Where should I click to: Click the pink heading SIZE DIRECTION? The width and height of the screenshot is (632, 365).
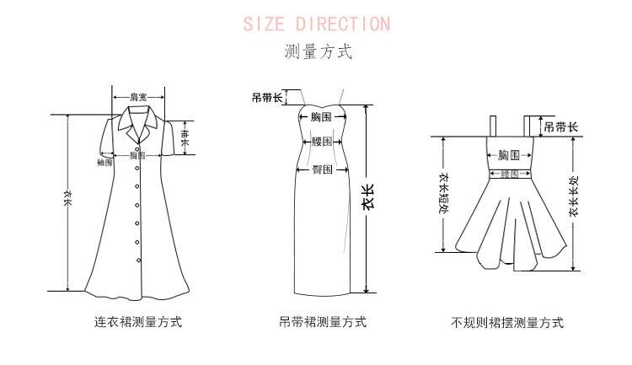click(x=317, y=24)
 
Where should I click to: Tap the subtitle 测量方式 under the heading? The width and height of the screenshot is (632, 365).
click(x=317, y=52)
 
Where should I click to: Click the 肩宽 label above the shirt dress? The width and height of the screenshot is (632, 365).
click(x=139, y=97)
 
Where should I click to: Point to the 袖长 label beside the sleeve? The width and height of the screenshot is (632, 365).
click(x=186, y=137)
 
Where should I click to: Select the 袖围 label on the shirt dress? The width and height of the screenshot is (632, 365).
click(x=105, y=162)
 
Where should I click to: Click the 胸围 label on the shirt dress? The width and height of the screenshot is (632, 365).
click(x=137, y=156)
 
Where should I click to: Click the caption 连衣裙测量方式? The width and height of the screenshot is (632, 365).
click(x=138, y=322)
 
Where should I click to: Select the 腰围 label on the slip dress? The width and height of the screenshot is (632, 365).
click(x=322, y=142)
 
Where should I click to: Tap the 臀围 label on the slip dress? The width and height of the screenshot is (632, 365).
click(x=322, y=169)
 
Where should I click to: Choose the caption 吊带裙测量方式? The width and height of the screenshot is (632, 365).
click(x=322, y=322)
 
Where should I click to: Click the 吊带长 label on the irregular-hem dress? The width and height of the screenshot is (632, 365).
click(x=561, y=127)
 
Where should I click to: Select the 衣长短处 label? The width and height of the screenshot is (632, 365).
click(x=444, y=196)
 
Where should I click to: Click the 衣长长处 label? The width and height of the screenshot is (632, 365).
click(x=575, y=196)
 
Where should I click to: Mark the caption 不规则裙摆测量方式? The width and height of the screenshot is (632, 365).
click(x=507, y=322)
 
